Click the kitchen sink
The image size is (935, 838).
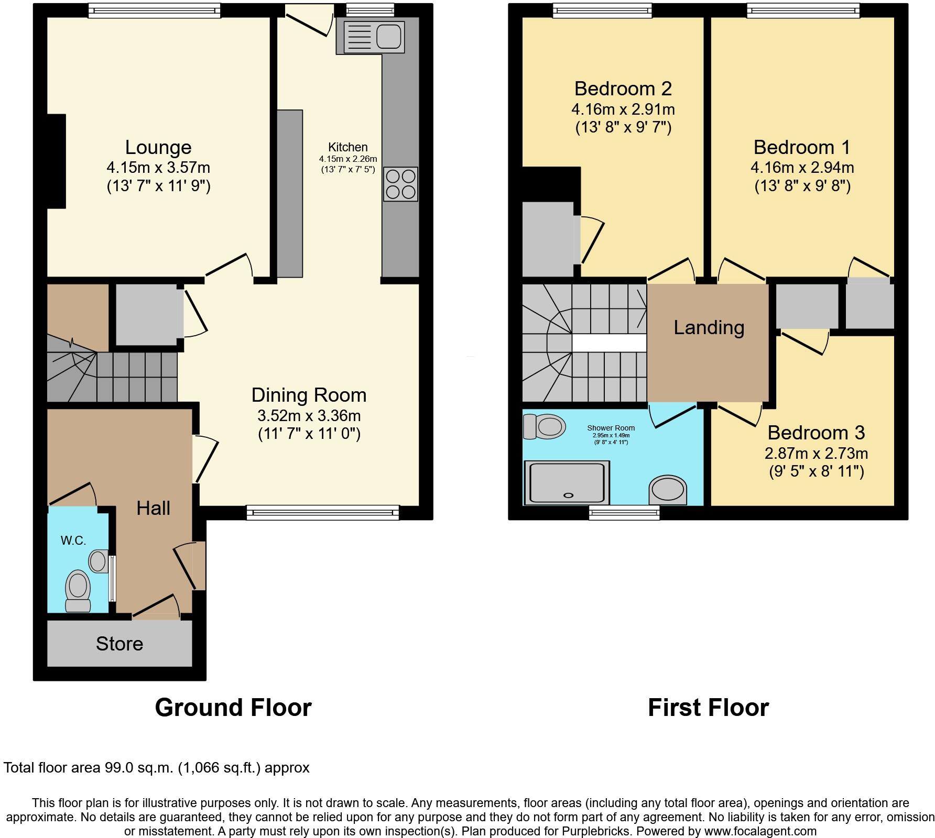tap(374, 36)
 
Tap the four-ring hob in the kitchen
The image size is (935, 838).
tap(401, 184)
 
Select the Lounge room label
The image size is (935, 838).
tap(158, 147)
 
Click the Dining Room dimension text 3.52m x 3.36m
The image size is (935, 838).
tap(309, 416)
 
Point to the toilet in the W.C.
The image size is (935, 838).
tap(78, 591)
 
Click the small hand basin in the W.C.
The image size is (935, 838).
tap(98, 561)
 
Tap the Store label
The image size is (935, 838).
tap(119, 644)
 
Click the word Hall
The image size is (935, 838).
tap(153, 508)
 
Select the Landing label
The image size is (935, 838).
tap(709, 327)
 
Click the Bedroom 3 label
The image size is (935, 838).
tap(816, 433)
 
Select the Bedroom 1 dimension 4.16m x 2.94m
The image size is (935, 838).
tap(802, 168)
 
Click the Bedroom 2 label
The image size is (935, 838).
tap(623, 89)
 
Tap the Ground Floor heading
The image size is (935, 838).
tap(233, 708)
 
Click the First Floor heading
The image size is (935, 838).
tap(708, 708)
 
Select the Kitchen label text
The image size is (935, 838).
tap(347, 147)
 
